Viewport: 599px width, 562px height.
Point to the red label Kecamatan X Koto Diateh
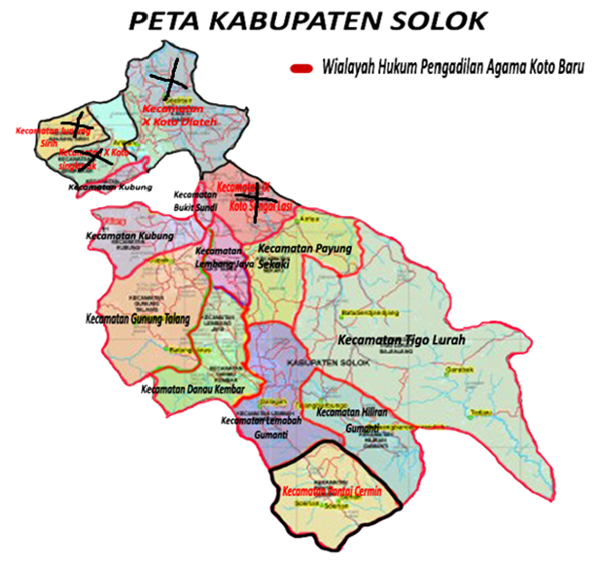(181, 116)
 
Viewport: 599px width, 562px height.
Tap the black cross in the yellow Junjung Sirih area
(80, 123)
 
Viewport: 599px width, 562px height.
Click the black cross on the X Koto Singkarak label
(92, 156)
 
